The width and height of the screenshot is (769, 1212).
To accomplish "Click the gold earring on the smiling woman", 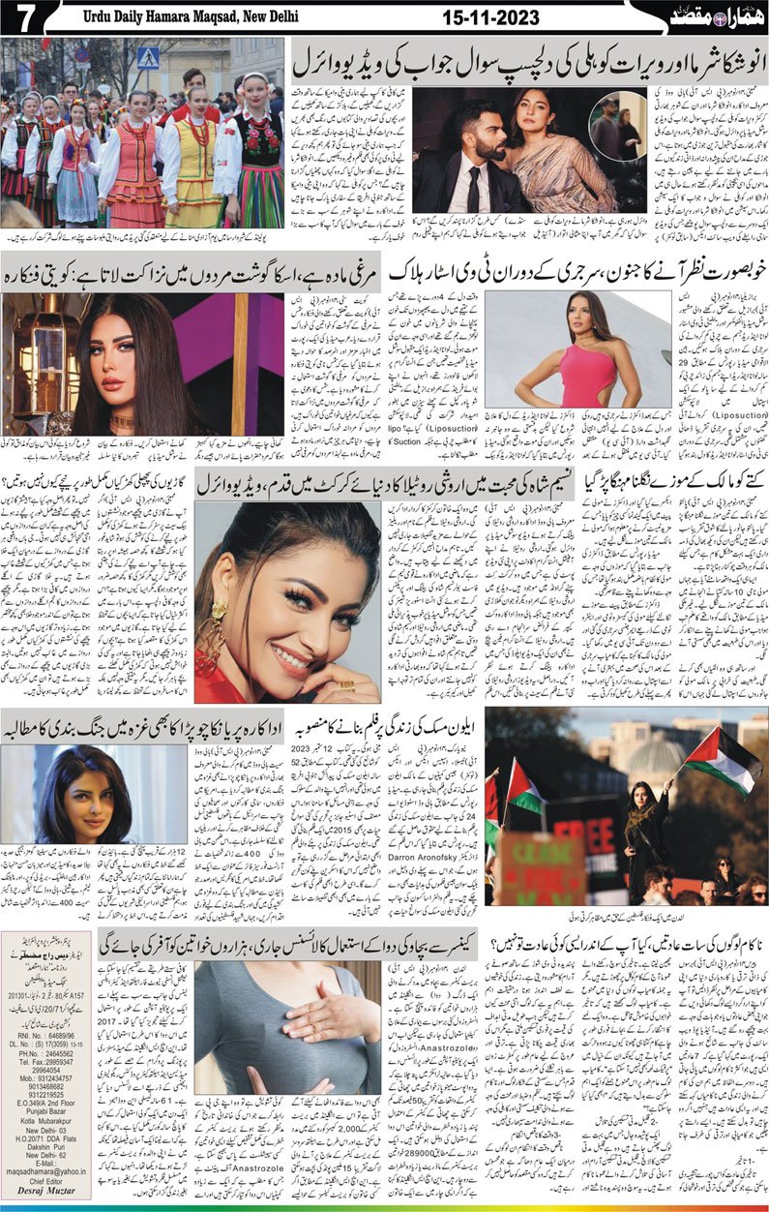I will point(221,611).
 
